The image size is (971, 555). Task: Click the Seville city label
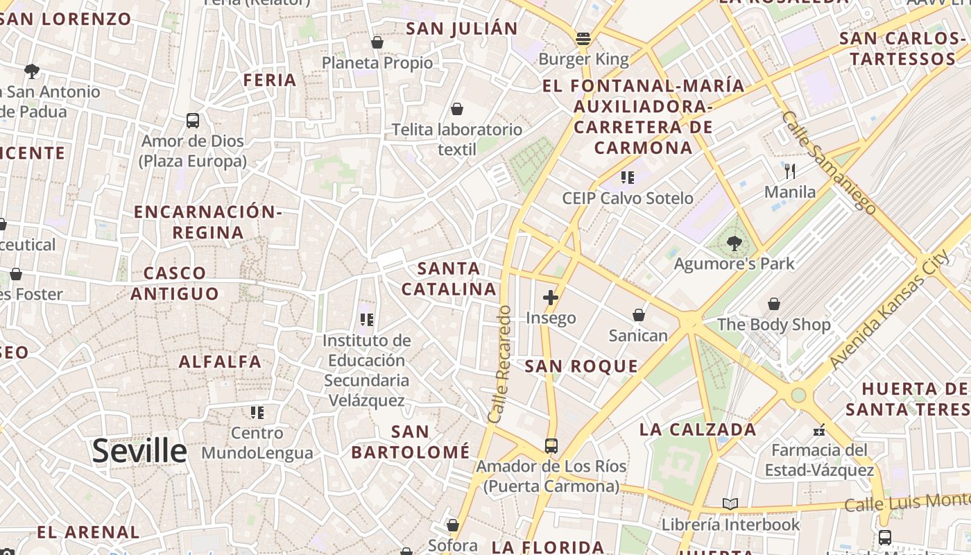point(139,451)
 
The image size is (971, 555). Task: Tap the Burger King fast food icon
point(583,39)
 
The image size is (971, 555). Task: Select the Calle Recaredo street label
point(501,364)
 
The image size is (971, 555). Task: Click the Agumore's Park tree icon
point(734,243)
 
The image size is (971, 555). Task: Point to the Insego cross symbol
point(551,298)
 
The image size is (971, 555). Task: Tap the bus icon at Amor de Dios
point(193,121)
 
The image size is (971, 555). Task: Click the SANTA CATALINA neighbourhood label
point(449,278)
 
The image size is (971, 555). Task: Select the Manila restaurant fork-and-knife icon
point(789,171)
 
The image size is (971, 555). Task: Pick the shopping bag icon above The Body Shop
point(774,304)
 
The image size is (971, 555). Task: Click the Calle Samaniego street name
point(828,161)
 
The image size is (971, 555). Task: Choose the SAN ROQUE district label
point(581,366)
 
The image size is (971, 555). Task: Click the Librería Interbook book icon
point(730,504)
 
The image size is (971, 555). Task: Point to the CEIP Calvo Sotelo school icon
point(628,178)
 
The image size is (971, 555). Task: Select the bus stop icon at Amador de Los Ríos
point(551,445)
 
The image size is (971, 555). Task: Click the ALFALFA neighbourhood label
point(220,361)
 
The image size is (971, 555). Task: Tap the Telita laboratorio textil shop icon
point(457,109)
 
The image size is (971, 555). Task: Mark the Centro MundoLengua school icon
point(257,413)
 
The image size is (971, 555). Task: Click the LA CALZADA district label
point(698,429)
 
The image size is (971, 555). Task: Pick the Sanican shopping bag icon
point(639,316)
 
